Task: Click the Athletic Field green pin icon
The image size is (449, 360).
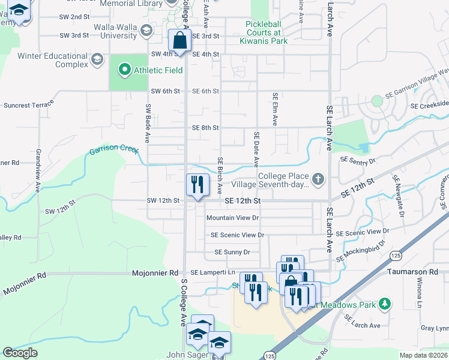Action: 125,70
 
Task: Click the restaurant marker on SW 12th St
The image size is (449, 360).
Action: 197,185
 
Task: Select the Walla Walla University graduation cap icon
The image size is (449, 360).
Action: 146,31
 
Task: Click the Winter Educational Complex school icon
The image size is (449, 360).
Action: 97,60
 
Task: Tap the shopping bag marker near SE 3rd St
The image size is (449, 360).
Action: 179,41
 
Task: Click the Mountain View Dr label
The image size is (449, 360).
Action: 232,218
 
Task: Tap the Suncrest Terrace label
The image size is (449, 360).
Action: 29,105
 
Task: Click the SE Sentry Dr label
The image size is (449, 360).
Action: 358,161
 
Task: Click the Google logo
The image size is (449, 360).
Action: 20,353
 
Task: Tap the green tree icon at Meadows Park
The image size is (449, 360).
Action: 385,305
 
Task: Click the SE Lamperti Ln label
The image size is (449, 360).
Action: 209,272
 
